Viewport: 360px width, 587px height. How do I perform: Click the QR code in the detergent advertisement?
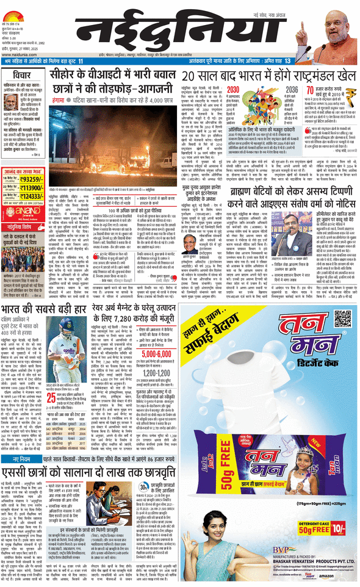tap(344, 319)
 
